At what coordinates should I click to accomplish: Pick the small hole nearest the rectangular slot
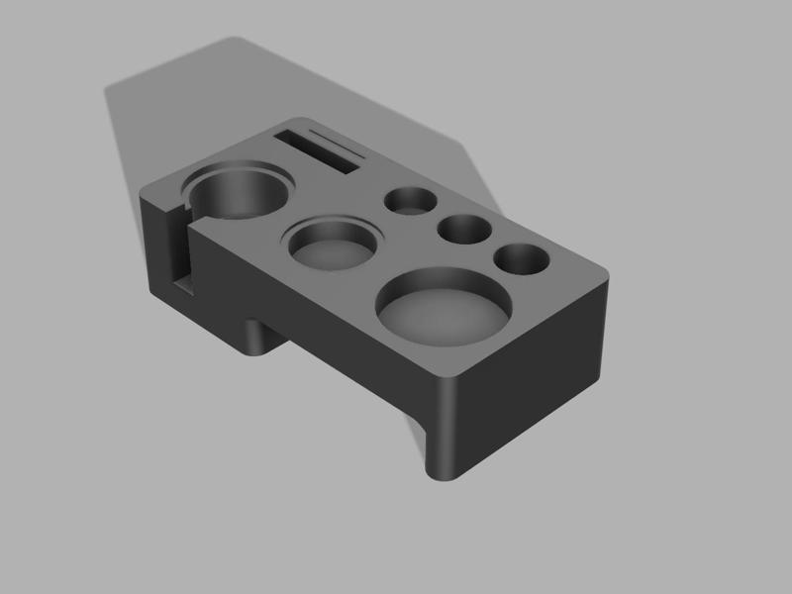411,201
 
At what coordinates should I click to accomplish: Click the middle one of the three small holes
465,231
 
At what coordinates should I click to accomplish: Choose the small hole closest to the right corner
522,259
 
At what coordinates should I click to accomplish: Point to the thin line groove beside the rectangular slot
337,140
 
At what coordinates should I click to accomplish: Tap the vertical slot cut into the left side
182,247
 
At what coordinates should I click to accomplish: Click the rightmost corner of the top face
605,278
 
